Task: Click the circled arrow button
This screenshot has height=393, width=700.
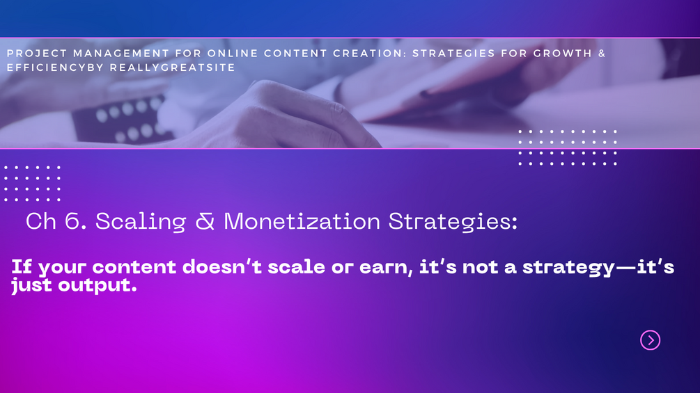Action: pos(650,340)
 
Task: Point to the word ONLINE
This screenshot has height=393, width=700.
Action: pos(233,54)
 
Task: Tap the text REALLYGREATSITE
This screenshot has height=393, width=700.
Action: pos(172,67)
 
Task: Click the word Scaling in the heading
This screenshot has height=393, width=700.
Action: pos(141,222)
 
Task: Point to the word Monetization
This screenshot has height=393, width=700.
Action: pos(302,221)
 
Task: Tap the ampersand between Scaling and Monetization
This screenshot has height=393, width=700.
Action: pos(205,221)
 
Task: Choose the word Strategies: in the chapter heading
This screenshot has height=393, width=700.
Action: pos(453,222)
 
